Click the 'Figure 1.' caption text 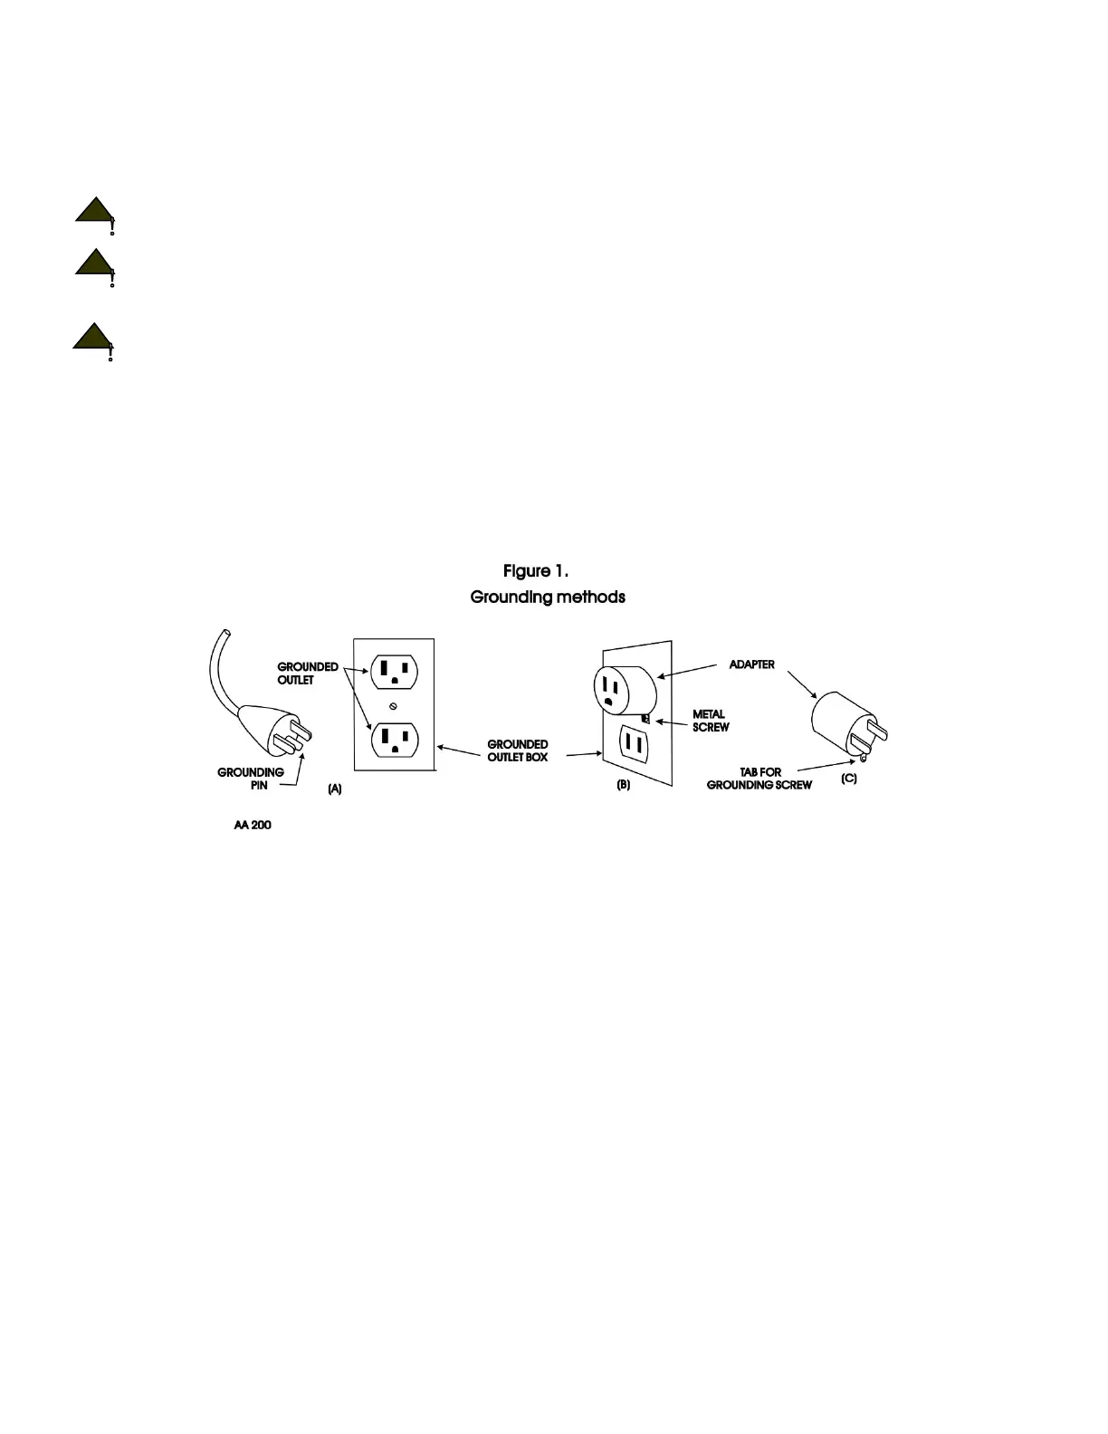click(x=536, y=571)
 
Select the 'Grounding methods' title click(x=548, y=597)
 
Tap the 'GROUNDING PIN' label click(x=251, y=779)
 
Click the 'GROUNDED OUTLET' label click(x=308, y=674)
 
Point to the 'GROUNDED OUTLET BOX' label click(x=518, y=750)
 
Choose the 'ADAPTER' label click(x=751, y=664)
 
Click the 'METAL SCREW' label click(x=711, y=721)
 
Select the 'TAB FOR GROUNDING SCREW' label click(x=759, y=779)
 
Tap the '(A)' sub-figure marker click(x=335, y=789)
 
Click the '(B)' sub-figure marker click(x=624, y=785)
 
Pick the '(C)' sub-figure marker click(x=849, y=779)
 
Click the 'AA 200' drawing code click(x=253, y=826)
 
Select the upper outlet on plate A click(x=394, y=672)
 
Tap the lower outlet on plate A click(x=394, y=741)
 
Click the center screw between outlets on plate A click(x=393, y=706)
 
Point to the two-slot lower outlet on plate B click(x=634, y=745)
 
